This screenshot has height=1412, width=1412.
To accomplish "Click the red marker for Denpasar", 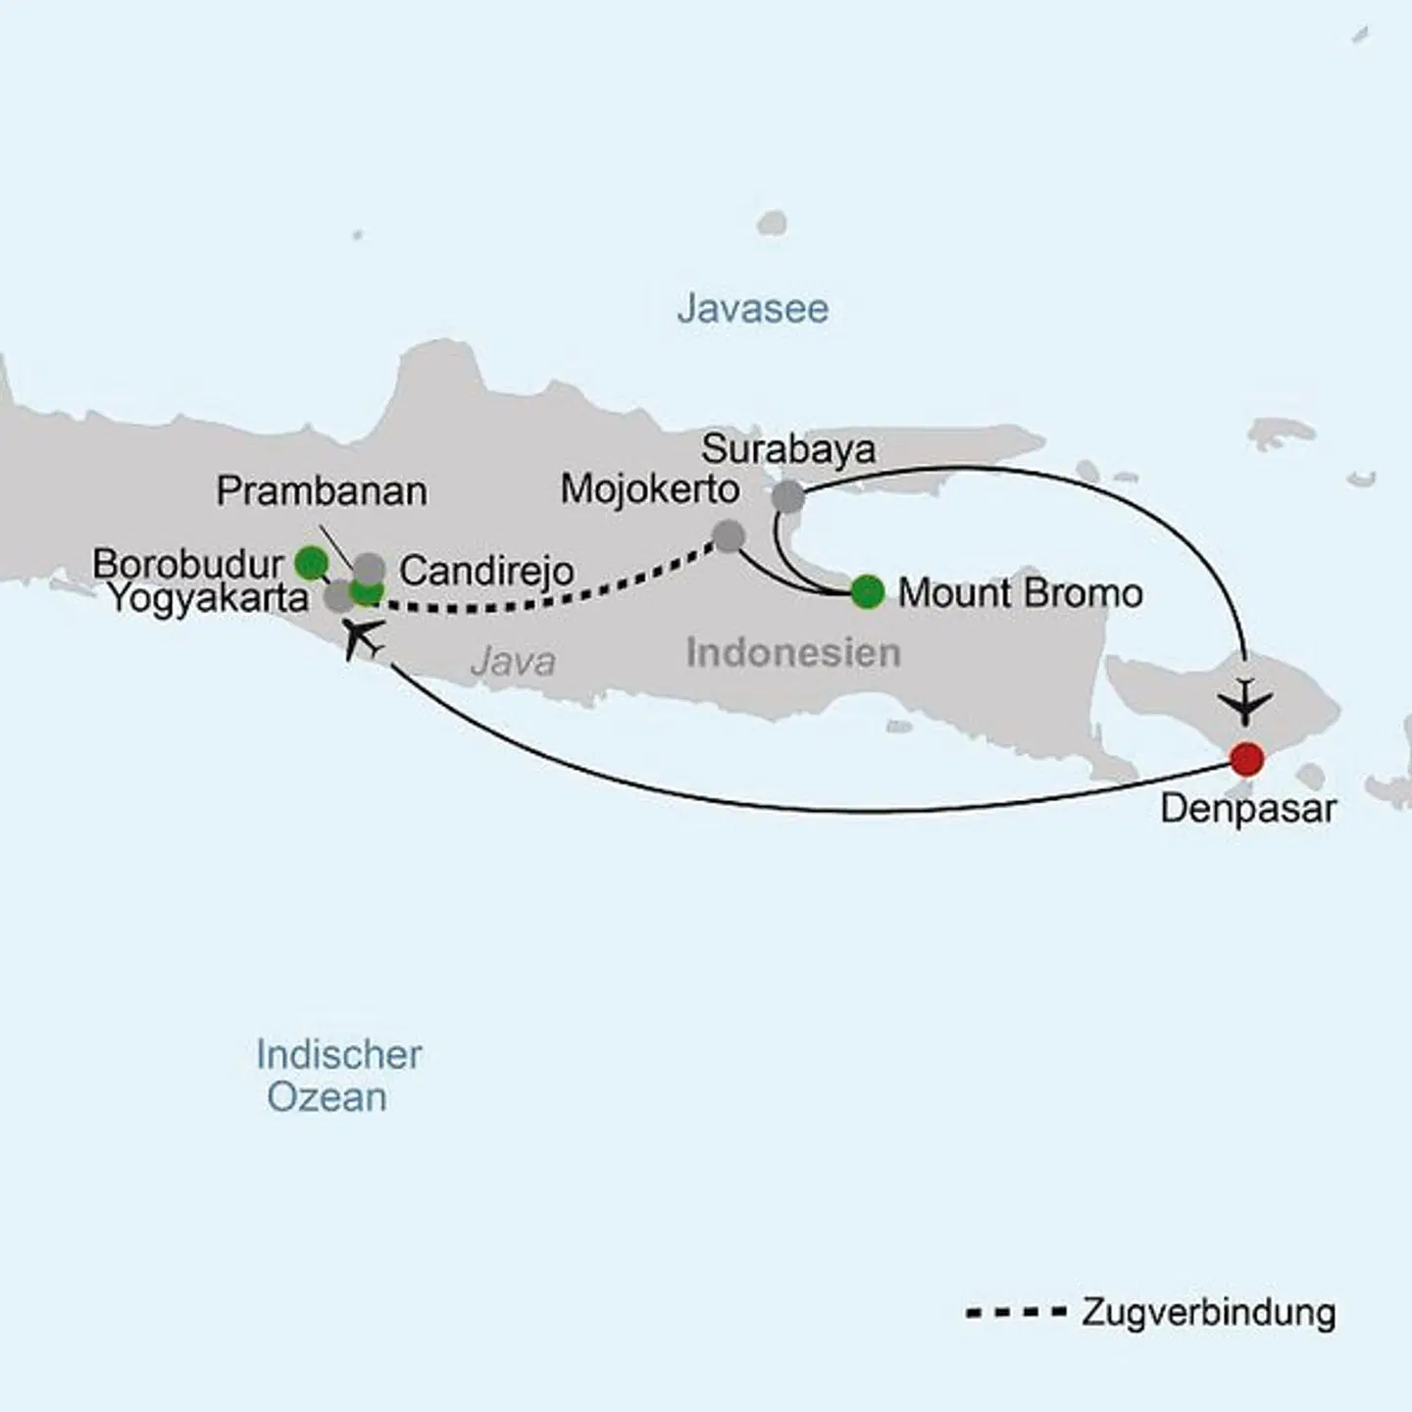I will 1245,758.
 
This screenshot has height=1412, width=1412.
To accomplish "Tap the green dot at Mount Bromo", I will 868,591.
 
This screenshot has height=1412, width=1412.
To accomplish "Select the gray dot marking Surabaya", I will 787,497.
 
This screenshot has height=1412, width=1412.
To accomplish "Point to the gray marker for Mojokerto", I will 728,536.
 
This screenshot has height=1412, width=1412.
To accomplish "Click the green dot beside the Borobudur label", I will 311,562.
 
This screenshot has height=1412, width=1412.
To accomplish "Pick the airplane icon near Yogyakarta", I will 362,639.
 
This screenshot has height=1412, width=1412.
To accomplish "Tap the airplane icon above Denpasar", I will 1244,700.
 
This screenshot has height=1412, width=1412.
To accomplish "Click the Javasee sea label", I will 752,309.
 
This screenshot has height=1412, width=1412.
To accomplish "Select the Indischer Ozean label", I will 337,1076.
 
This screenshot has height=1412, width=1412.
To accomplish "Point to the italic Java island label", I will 513,661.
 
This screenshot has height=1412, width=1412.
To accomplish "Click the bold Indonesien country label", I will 792,652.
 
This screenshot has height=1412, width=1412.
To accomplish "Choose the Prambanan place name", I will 322,490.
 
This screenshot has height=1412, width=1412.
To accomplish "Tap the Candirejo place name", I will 486,571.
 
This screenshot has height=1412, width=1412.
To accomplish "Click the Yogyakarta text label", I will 208,597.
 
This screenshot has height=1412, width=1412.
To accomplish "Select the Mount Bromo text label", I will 1020,593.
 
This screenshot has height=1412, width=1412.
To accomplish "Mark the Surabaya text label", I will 788,449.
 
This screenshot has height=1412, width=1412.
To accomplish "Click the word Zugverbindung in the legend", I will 1208,1312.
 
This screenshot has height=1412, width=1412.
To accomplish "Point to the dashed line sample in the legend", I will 1015,1312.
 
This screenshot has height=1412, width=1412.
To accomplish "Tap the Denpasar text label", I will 1247,809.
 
